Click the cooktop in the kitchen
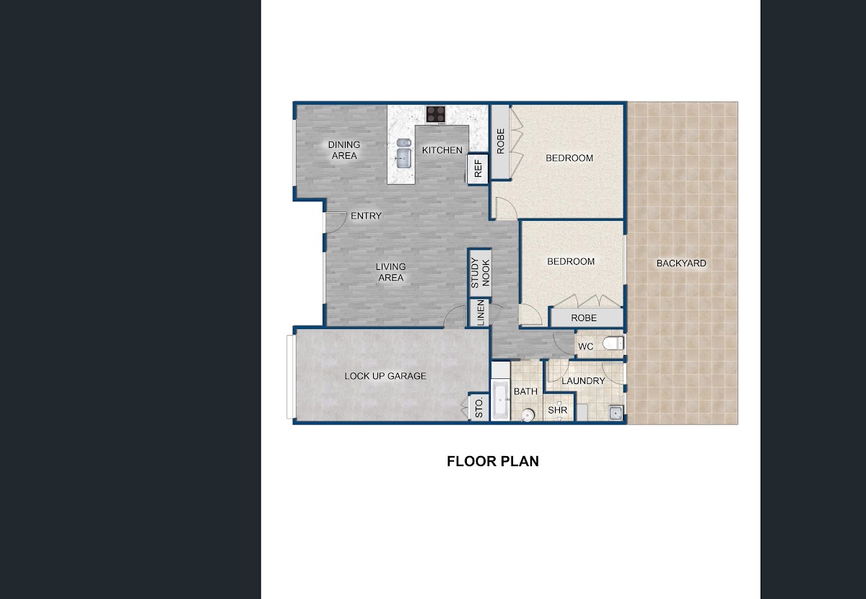(436, 115)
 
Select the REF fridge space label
(478, 169)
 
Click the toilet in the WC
(613, 343)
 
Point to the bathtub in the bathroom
(500, 401)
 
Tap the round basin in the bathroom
(528, 415)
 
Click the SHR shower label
(557, 410)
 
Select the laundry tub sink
(616, 413)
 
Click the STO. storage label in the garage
(479, 408)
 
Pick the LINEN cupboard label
(481, 312)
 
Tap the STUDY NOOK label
(480, 273)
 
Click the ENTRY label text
(366, 216)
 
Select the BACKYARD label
(681, 263)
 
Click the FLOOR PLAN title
(493, 461)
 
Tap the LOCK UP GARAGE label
(385, 376)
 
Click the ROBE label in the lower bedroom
(584, 318)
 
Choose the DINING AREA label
(344, 150)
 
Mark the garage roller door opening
(291, 377)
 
